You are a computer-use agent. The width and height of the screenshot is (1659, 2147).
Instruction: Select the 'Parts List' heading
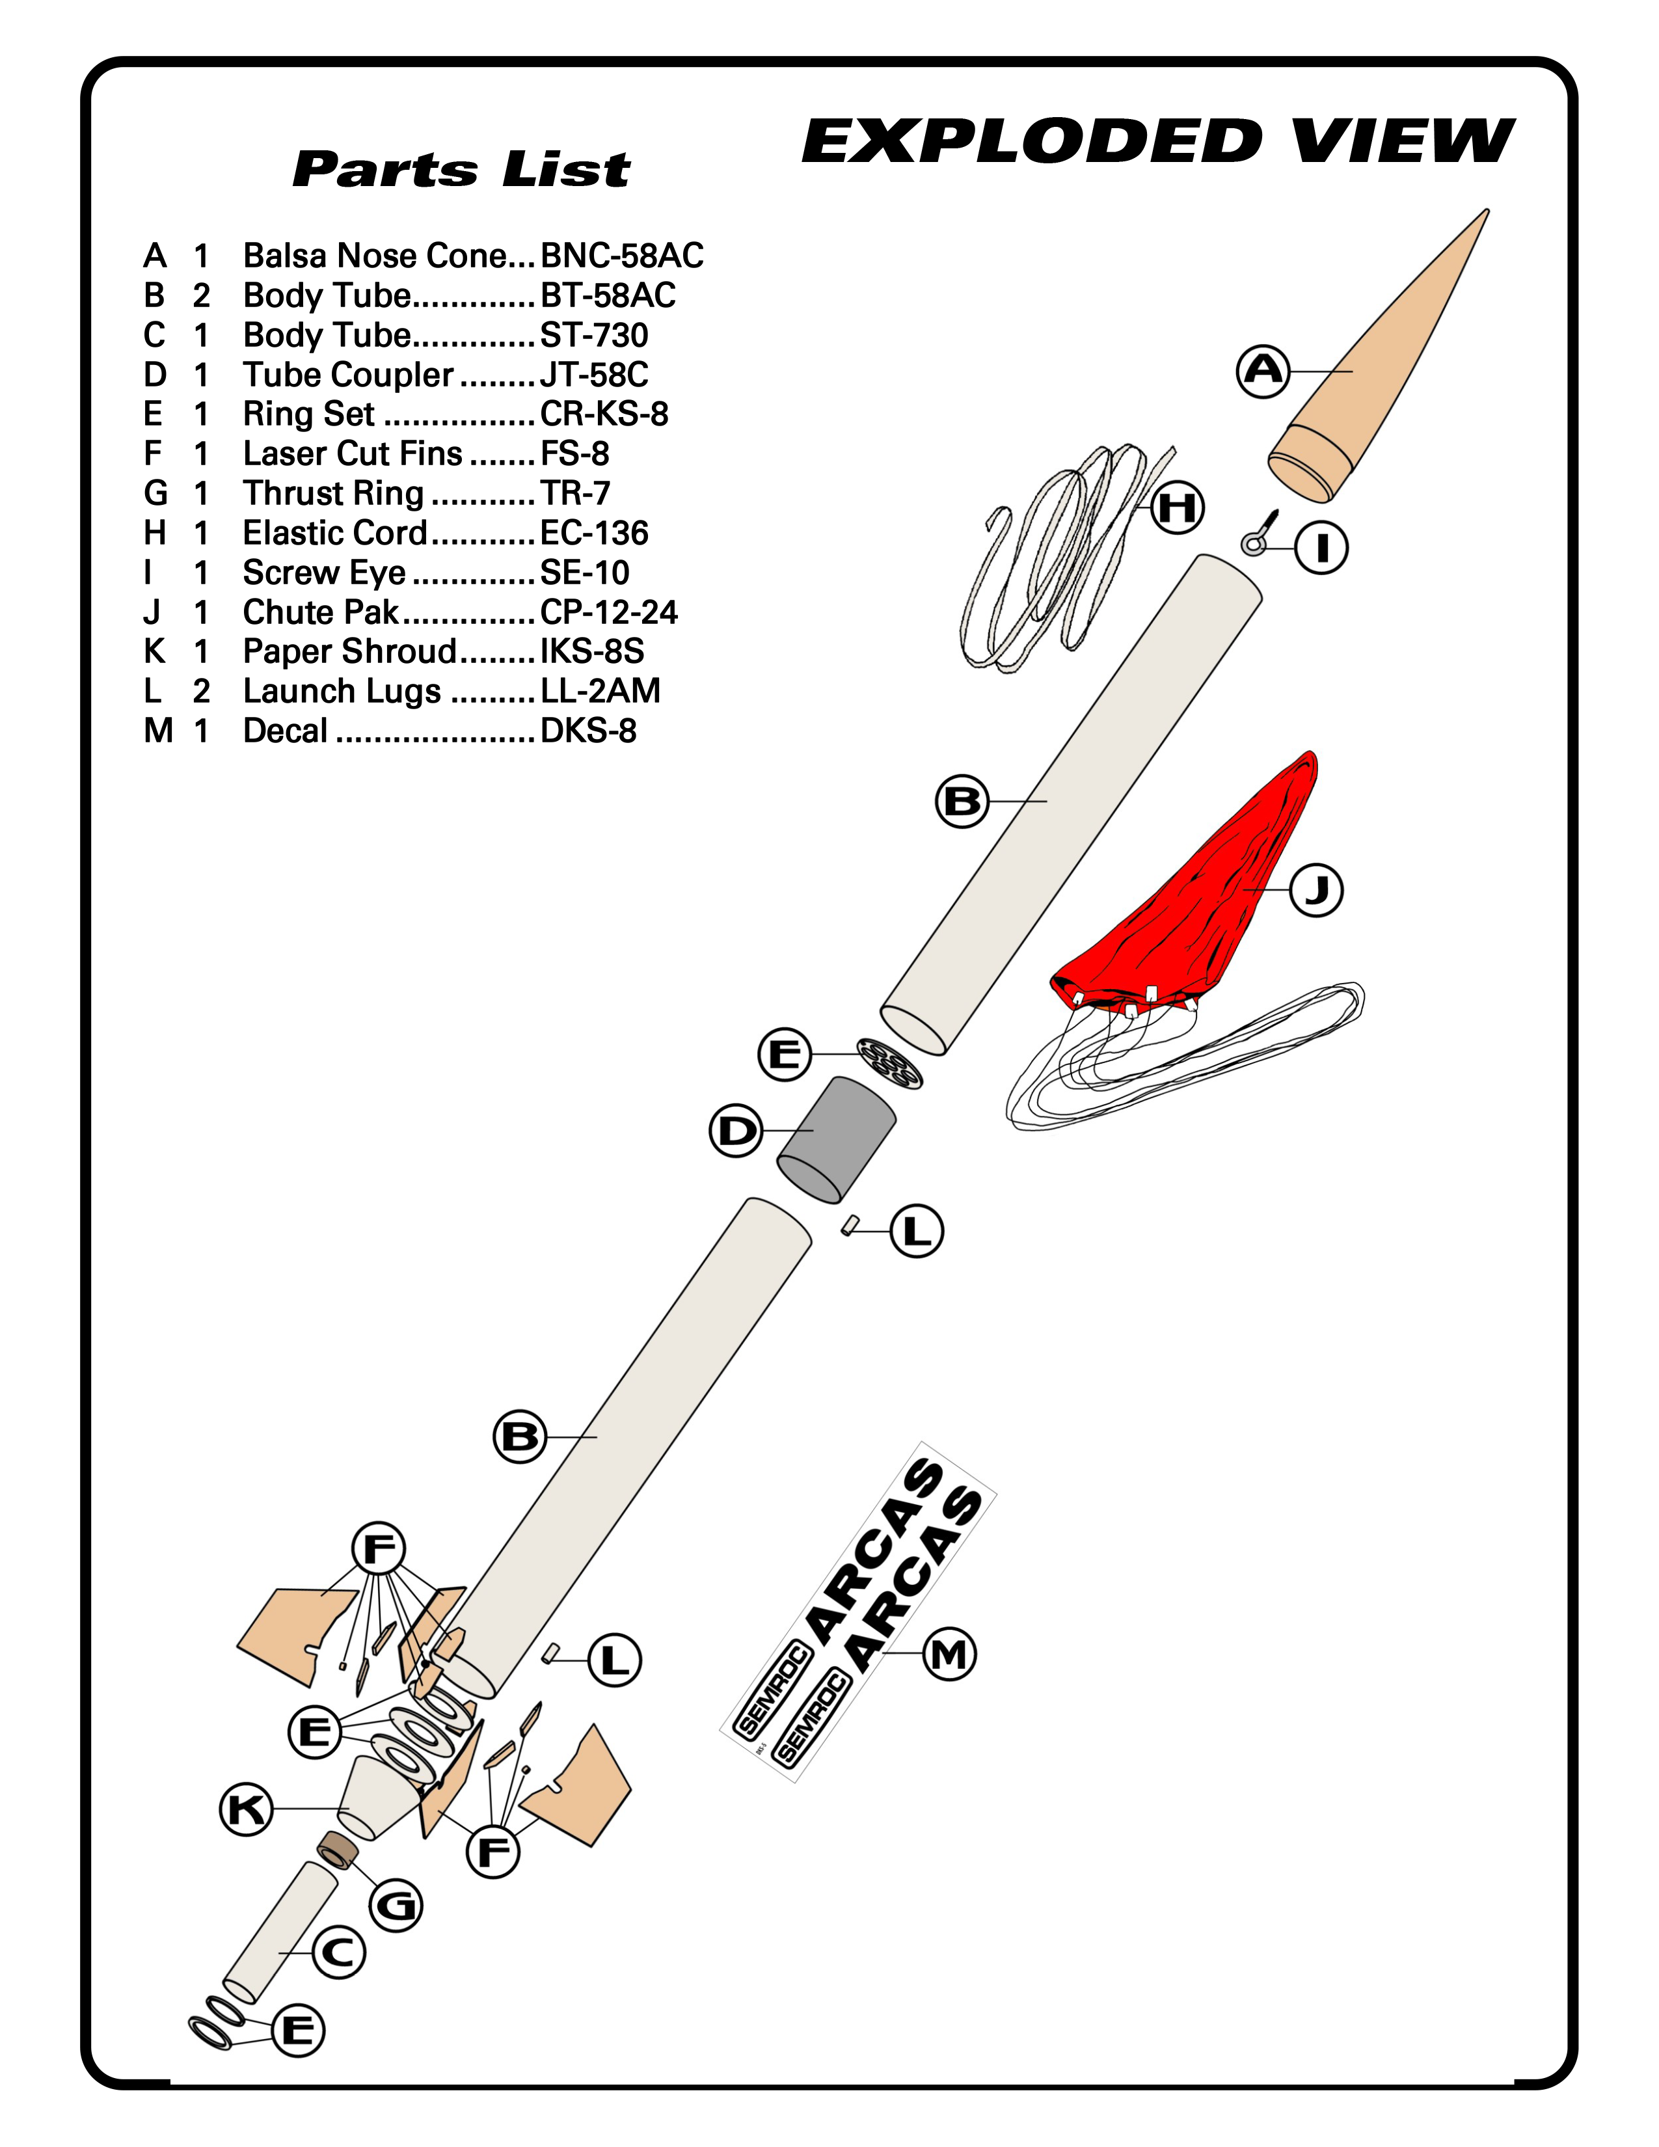(461, 169)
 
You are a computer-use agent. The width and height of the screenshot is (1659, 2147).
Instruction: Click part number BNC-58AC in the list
(622, 256)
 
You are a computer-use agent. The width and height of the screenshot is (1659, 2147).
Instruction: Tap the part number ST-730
(595, 335)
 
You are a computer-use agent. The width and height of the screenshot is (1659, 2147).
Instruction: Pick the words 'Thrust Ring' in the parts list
(333, 494)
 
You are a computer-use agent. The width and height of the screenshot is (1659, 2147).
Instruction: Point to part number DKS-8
(589, 731)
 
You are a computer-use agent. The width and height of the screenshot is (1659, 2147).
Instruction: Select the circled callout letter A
(1263, 371)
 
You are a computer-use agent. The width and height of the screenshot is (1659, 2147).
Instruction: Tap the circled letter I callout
(1321, 548)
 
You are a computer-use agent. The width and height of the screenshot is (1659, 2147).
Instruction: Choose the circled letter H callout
(1178, 507)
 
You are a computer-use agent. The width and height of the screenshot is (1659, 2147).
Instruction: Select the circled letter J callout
(1316, 889)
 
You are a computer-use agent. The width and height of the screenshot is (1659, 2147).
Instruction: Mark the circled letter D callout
(736, 1131)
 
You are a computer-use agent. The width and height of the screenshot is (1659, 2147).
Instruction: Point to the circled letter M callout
(949, 1654)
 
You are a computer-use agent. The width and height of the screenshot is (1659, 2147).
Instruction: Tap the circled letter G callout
(396, 1905)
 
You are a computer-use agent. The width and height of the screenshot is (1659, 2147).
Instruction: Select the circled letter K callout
(246, 1809)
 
